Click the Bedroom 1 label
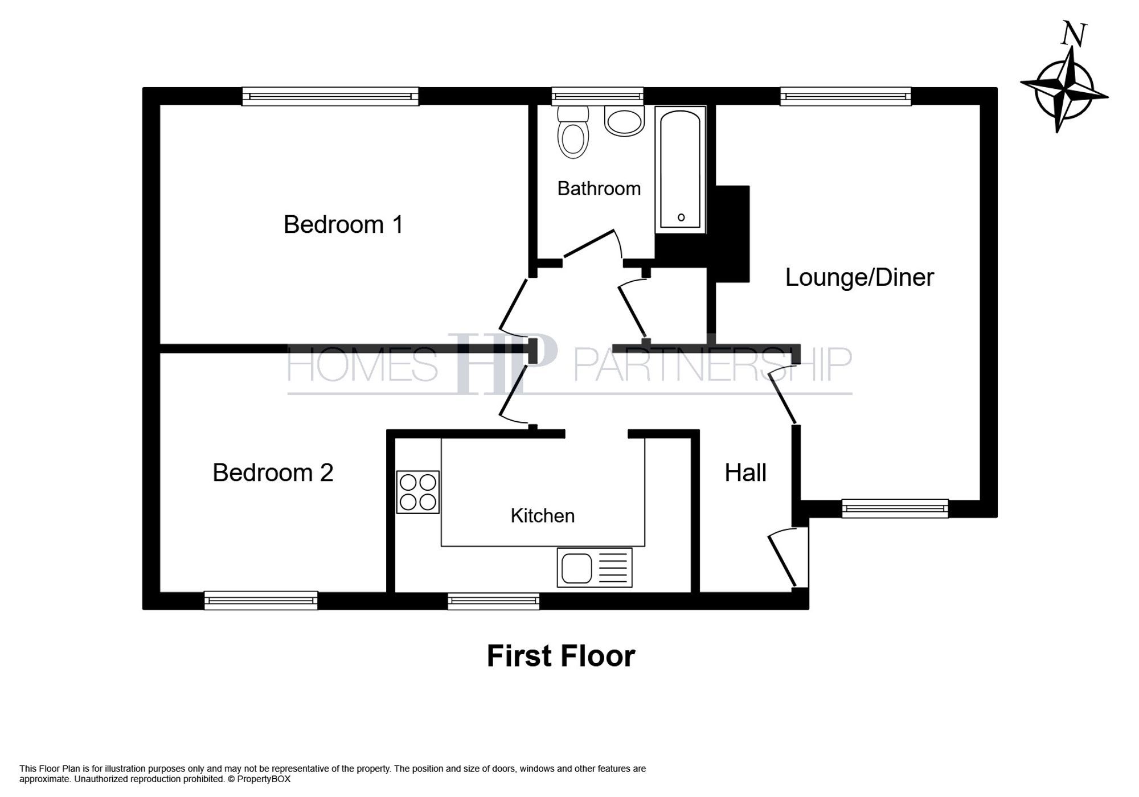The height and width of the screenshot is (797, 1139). click(x=343, y=224)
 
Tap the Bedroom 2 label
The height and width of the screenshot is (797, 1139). click(x=273, y=473)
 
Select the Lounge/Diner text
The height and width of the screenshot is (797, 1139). click(x=859, y=277)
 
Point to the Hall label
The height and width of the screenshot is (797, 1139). click(x=745, y=473)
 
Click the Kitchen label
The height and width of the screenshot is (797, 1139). click(x=542, y=516)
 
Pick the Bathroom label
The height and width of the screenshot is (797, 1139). click(x=599, y=188)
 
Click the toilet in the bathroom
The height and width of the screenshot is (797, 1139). click(x=572, y=132)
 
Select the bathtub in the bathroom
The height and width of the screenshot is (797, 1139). click(x=681, y=170)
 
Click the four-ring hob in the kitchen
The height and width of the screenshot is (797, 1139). click(x=417, y=492)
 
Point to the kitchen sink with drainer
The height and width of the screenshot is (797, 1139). click(x=594, y=568)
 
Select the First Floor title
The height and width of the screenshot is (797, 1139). click(x=560, y=656)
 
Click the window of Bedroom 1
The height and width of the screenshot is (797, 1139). click(x=330, y=96)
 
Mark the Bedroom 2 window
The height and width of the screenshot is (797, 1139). click(x=261, y=601)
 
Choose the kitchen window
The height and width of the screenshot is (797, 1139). click(x=493, y=601)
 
